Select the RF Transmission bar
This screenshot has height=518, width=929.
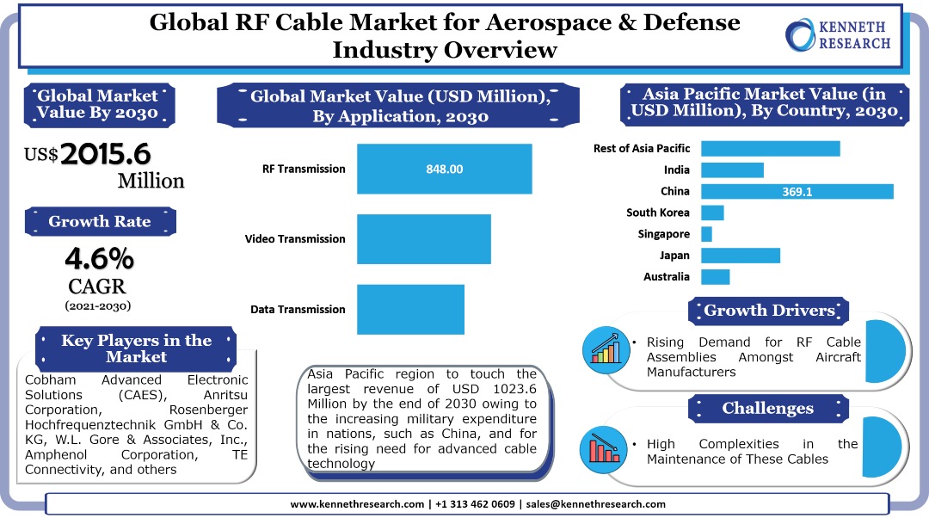(444, 169)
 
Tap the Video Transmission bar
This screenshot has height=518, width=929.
(423, 239)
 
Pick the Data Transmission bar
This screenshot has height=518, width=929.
(410, 309)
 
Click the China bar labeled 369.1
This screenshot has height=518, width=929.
(797, 191)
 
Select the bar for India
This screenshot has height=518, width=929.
(732, 170)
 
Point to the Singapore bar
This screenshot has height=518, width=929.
(706, 234)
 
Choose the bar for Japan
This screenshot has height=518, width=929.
(740, 256)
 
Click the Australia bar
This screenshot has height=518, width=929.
(715, 277)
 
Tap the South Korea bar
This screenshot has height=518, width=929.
(712, 213)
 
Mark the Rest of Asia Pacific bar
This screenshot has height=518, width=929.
(770, 149)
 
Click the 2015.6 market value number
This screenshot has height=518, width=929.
(106, 154)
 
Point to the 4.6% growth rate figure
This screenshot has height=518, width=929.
(99, 258)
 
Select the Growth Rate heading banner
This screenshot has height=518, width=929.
(100, 221)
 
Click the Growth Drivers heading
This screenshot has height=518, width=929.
(769, 311)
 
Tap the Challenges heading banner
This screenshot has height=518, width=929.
(767, 408)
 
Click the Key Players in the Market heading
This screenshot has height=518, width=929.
(136, 348)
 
